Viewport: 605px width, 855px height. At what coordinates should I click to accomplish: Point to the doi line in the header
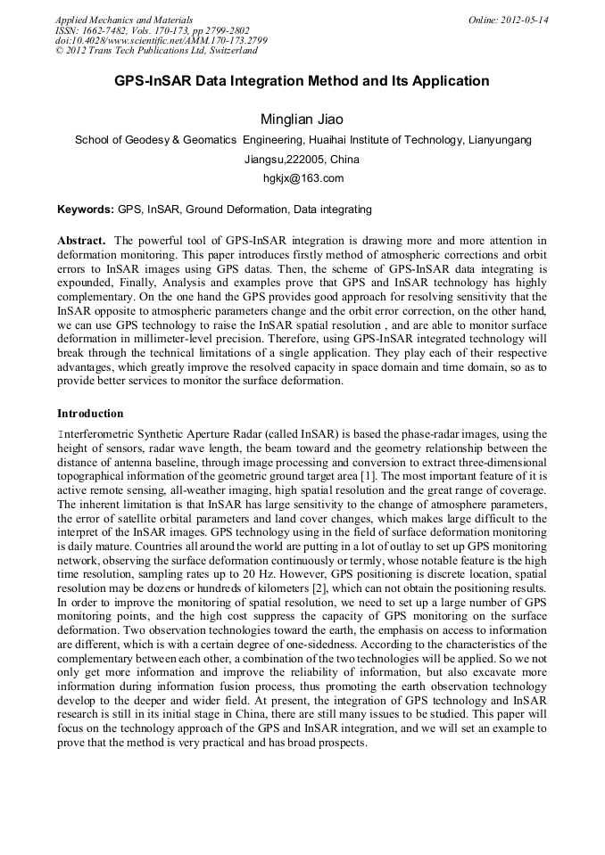[x=161, y=41]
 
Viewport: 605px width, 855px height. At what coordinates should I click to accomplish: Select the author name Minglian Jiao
[x=302, y=119]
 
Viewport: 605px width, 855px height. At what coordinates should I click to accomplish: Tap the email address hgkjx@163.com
[x=302, y=178]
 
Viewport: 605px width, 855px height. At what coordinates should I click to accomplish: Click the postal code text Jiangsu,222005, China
[x=302, y=160]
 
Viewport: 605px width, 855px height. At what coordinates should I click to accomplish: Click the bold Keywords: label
[x=86, y=210]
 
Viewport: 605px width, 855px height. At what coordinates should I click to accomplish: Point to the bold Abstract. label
[x=82, y=241]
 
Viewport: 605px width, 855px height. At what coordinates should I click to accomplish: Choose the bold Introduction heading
[x=90, y=414]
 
